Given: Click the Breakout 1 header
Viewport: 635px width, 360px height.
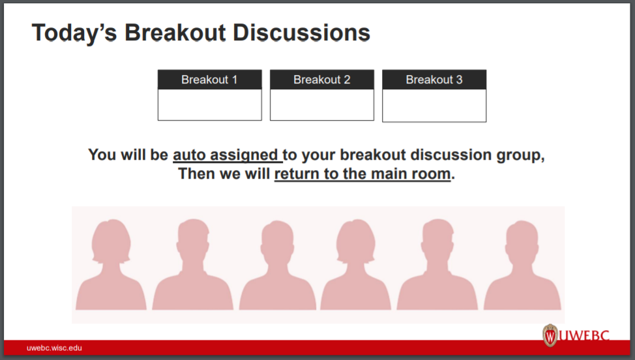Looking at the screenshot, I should click(209, 80).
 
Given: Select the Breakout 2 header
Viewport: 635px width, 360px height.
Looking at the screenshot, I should click(321, 80).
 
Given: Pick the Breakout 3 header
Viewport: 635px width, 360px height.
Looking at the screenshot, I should click(434, 80).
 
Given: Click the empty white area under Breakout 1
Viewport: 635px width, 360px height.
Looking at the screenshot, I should click(209, 104).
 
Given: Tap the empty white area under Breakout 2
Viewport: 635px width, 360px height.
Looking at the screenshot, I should click(321, 104).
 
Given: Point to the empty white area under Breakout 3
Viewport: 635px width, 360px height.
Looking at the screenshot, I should click(434, 105).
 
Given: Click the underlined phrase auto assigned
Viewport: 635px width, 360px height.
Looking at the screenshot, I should click(226, 155).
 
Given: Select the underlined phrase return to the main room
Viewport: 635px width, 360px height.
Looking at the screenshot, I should click(362, 174).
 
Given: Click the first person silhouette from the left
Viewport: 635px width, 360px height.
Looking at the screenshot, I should click(111, 267).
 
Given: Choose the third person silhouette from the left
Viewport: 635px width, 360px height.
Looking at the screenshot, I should click(278, 267).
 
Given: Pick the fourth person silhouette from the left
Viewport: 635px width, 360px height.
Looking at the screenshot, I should click(355, 267).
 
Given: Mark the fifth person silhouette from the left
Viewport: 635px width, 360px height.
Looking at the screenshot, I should click(437, 267).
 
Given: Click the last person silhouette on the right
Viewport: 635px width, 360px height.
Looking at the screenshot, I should click(522, 267).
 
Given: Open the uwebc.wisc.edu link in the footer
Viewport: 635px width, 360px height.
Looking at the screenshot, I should click(55, 348).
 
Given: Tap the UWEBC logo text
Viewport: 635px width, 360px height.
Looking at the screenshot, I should click(589, 337).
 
